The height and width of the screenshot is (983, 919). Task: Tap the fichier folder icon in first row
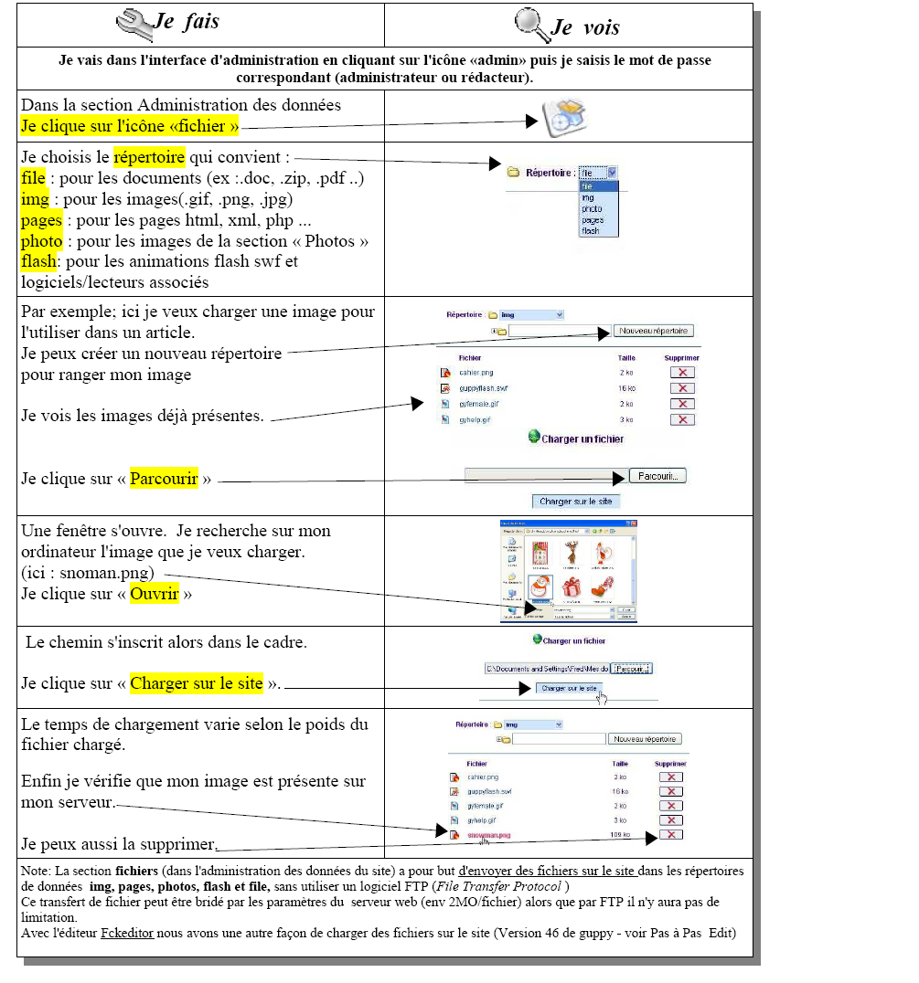563,118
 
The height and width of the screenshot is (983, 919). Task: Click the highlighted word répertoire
149,156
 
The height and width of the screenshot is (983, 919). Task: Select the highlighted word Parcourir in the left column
164,479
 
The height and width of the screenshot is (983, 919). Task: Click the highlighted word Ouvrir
154,594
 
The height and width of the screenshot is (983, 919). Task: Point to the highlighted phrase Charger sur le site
197,683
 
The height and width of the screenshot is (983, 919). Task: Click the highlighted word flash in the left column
38,261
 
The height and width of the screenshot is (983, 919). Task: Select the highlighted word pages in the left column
41,220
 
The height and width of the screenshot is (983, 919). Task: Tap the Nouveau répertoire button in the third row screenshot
653,331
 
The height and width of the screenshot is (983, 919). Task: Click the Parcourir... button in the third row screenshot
657,476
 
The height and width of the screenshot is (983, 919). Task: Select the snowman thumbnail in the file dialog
540,588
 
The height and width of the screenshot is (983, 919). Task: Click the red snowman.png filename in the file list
488,835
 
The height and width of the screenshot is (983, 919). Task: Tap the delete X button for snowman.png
670,835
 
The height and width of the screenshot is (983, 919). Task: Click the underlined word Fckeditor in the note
125,933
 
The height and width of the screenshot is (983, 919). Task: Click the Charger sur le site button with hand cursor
569,688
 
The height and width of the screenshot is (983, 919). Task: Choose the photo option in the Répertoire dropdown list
591,209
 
